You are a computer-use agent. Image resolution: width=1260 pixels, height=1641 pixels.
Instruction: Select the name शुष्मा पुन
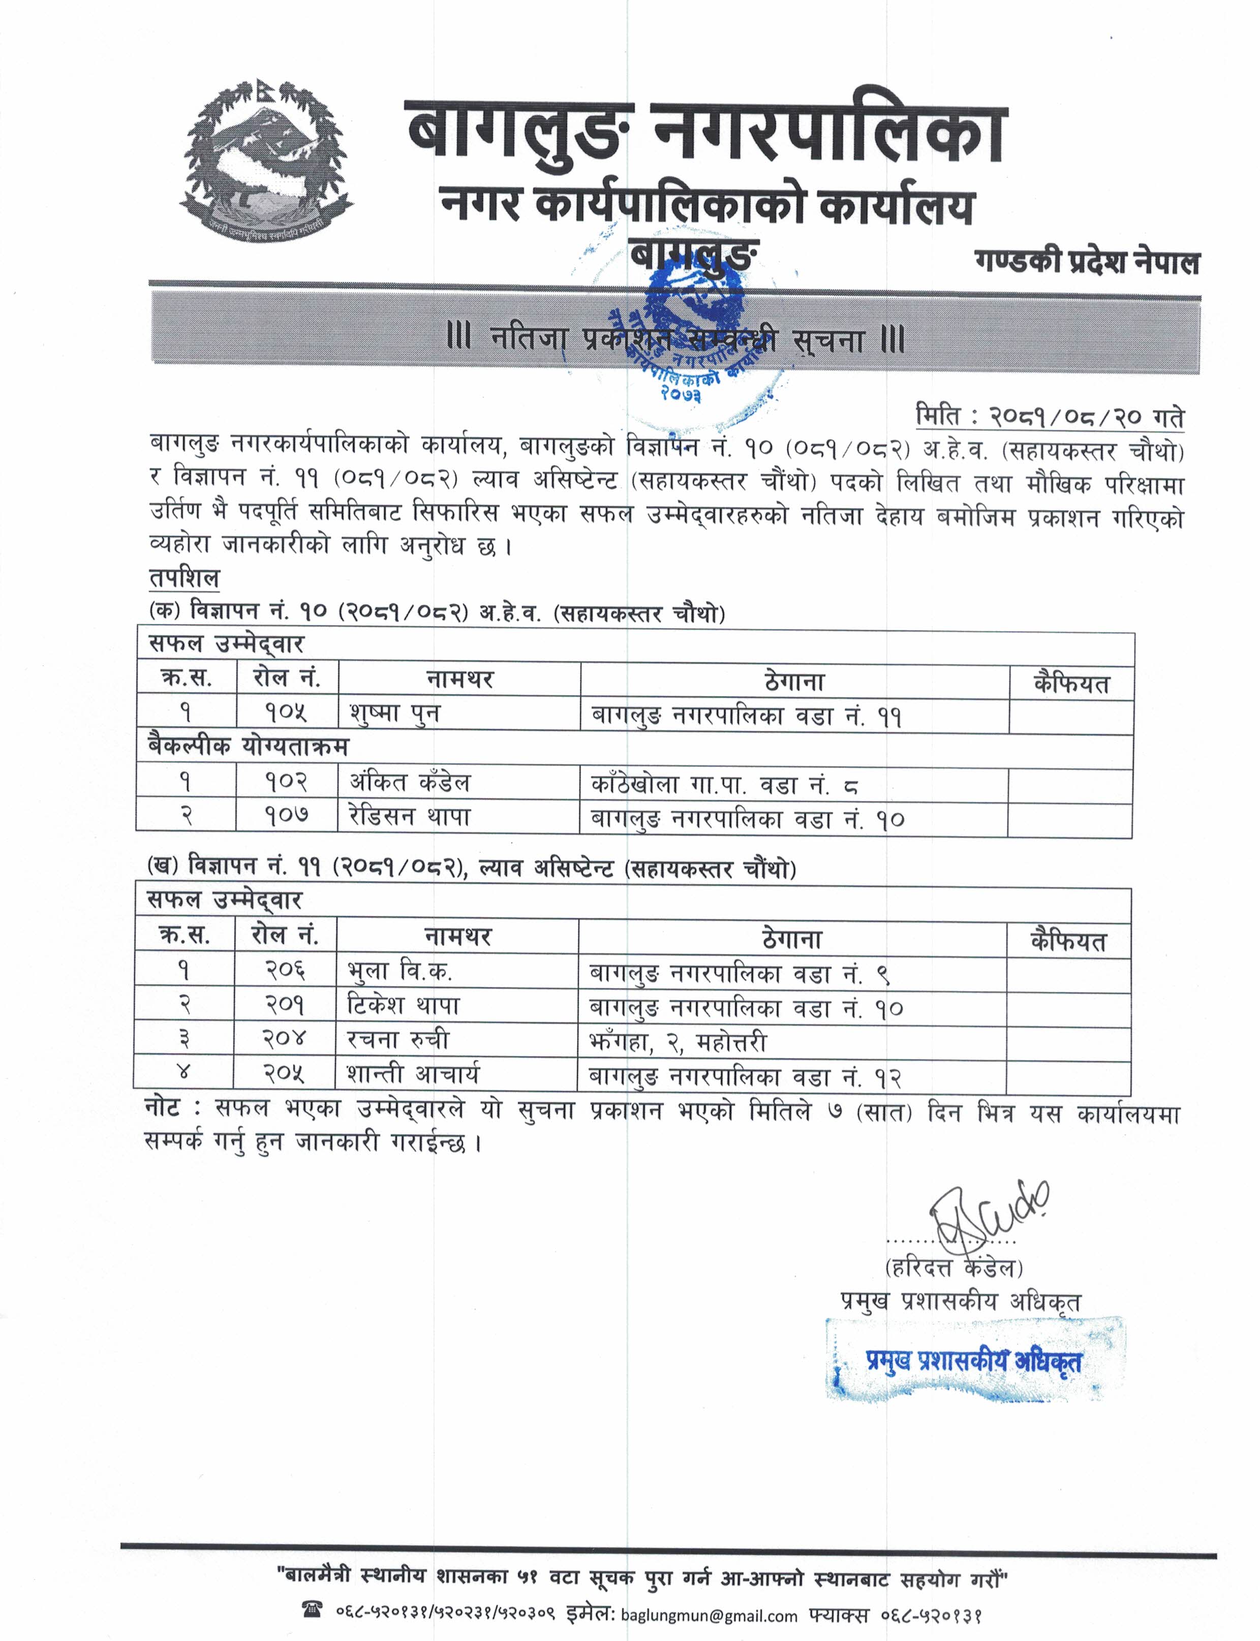(394, 713)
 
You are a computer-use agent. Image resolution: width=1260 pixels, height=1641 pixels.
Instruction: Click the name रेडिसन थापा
(410, 817)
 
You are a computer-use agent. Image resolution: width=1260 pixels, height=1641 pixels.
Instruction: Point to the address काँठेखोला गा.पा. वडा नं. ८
(724, 785)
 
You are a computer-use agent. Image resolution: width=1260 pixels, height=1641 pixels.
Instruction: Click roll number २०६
(284, 971)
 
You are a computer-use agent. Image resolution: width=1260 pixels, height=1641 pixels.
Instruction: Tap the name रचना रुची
(397, 1039)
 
